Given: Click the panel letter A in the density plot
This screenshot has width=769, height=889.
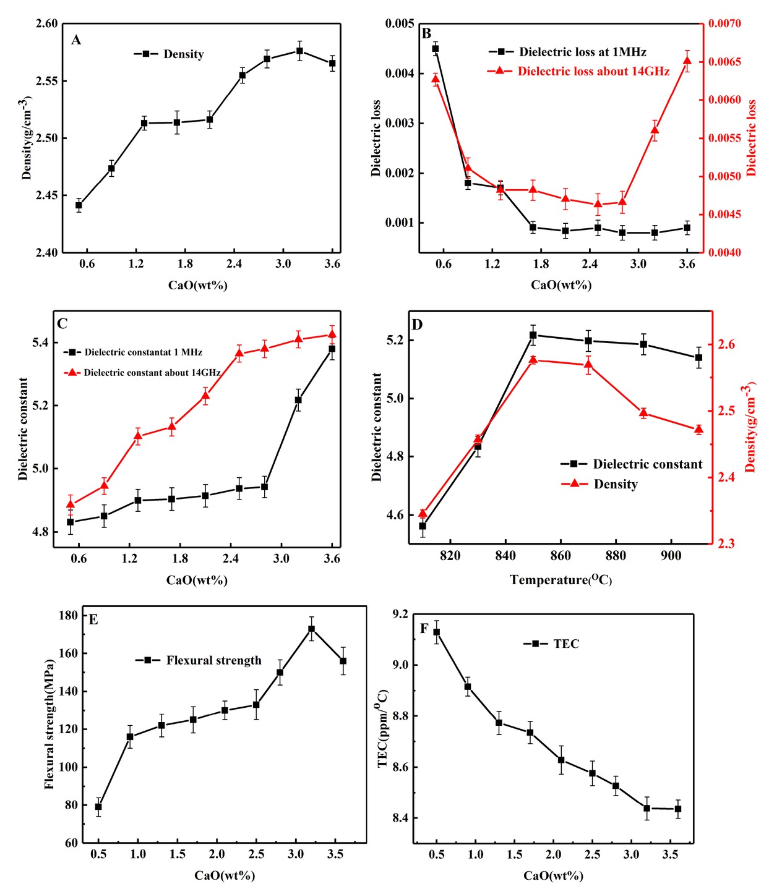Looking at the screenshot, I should (x=76, y=40).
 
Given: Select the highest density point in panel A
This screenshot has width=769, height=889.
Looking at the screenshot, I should (x=299, y=51).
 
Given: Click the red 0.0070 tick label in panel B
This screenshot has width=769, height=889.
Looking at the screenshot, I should (x=724, y=23).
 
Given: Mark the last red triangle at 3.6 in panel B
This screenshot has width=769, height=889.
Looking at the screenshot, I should (x=687, y=61).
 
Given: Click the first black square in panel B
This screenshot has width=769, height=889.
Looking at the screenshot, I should (x=436, y=48).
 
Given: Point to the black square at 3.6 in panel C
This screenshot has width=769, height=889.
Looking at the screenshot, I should (x=332, y=349).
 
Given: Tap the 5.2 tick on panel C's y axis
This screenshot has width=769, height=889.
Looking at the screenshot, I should (x=40, y=406).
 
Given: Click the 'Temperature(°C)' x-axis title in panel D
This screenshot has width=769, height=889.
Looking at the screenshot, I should (x=561, y=580).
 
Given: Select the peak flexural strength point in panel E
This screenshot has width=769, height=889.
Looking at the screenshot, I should (x=311, y=629).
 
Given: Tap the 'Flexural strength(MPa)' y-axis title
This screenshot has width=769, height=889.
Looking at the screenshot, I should (x=49, y=723).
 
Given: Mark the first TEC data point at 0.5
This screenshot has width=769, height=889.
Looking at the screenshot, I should (x=437, y=632).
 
